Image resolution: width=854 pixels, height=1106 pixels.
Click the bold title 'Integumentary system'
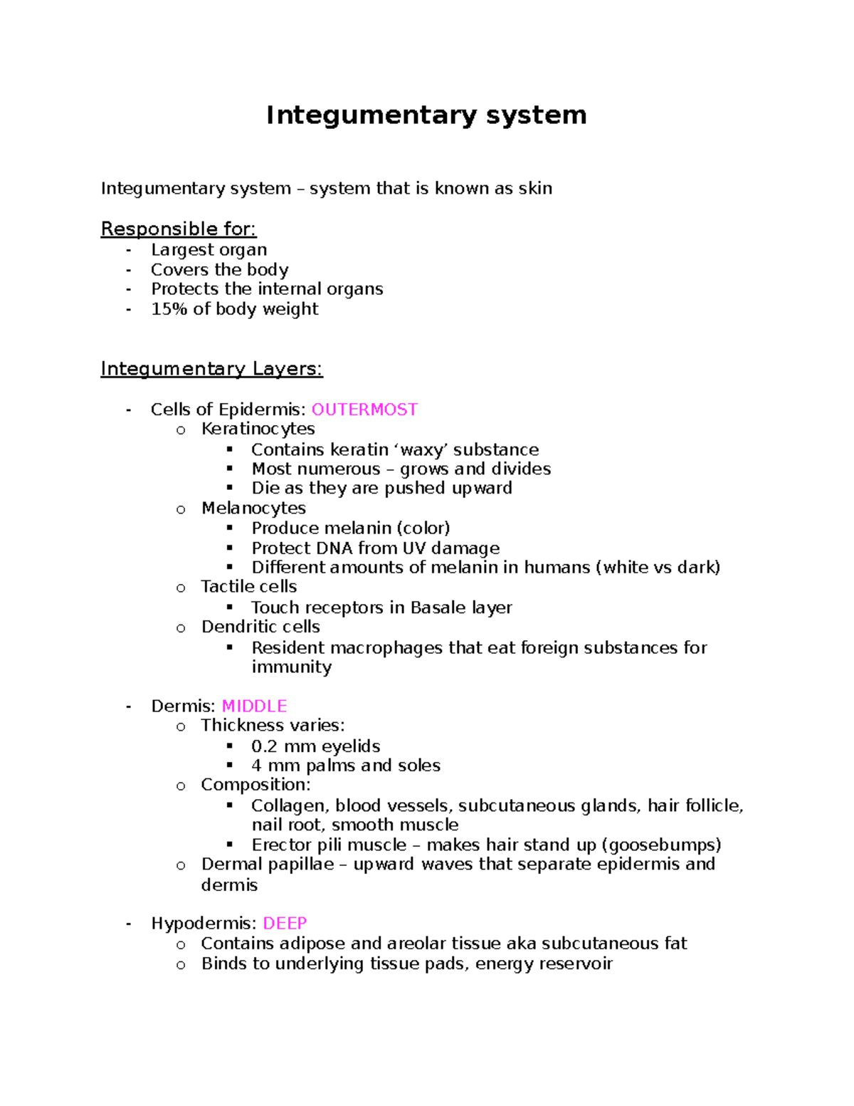pyautogui.click(x=426, y=115)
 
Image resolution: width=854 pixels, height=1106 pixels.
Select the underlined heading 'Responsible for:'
pyautogui.click(x=179, y=229)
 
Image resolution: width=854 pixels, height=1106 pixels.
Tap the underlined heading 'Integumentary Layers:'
pyautogui.click(x=211, y=368)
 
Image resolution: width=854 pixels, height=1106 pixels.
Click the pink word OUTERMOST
pyautogui.click(x=364, y=409)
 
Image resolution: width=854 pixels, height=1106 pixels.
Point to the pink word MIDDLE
pyautogui.click(x=254, y=706)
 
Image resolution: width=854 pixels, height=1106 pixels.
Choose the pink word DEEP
pyautogui.click(x=285, y=923)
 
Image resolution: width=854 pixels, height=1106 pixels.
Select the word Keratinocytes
pyautogui.click(x=258, y=429)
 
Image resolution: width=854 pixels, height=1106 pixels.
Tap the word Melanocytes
pyautogui.click(x=253, y=508)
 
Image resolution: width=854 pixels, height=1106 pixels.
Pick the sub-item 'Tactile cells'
pyautogui.click(x=248, y=586)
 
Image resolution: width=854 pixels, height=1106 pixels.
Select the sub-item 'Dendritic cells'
pyautogui.click(x=260, y=627)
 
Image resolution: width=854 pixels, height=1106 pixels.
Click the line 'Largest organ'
pyautogui.click(x=209, y=250)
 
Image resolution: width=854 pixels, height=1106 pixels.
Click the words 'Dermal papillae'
pyautogui.click(x=268, y=864)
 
